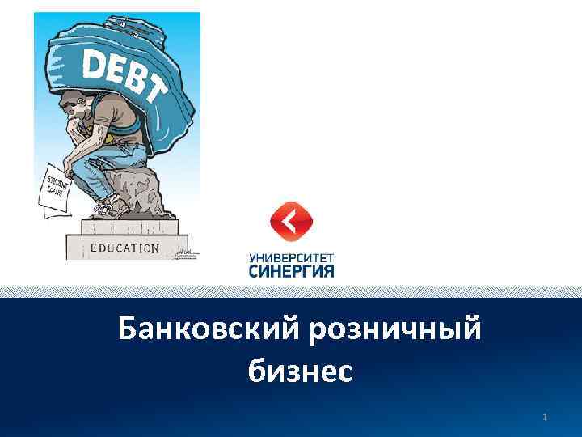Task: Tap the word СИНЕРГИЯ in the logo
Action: point(292,271)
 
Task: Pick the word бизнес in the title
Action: point(300,371)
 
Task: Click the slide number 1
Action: point(546,418)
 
